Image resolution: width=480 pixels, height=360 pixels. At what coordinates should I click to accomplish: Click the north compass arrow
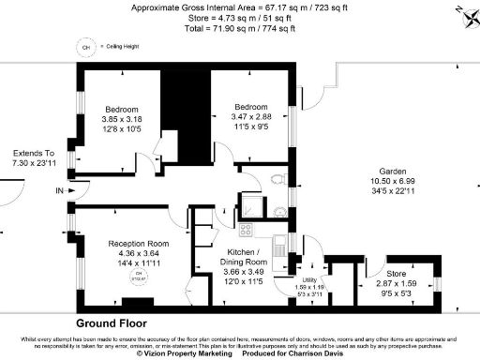[462, 11]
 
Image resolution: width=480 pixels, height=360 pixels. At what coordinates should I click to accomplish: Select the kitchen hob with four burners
[247, 230]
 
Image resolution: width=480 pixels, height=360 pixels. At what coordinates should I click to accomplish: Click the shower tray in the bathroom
[250, 208]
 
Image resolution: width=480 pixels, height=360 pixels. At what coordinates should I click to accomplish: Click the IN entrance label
[61, 191]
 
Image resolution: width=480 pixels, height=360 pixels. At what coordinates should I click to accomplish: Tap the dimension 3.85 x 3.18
[121, 118]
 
